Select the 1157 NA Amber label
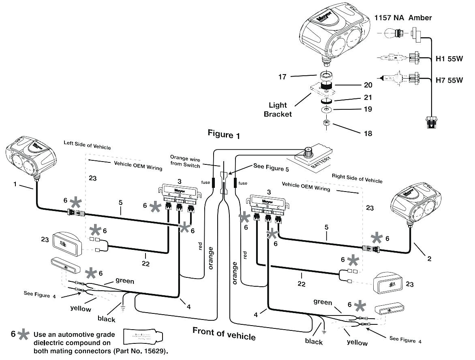(402, 18)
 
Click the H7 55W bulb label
(449, 80)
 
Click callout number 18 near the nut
(367, 133)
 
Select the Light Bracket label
(278, 110)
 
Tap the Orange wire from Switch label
(185, 162)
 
